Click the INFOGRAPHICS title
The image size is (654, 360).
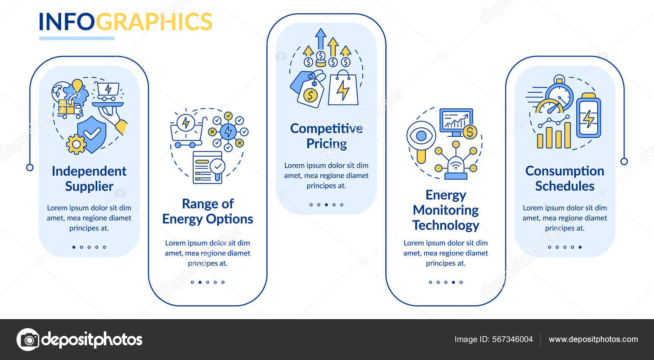tap(125, 22)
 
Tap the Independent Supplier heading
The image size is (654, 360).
tap(89, 179)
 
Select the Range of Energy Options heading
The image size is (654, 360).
tap(208, 211)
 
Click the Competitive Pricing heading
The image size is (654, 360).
tap(326, 136)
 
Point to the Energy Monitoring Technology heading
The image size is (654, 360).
tap(446, 210)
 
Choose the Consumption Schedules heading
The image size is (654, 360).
tap(564, 179)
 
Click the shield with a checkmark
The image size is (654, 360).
tap(92, 133)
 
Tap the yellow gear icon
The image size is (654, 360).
tap(76, 144)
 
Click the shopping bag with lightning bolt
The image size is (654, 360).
tap(343, 89)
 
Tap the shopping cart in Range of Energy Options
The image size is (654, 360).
tap(186, 132)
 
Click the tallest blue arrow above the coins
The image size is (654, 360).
tap(321, 39)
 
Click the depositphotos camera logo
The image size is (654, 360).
tap(28, 340)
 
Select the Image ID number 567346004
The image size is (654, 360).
tap(512, 340)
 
